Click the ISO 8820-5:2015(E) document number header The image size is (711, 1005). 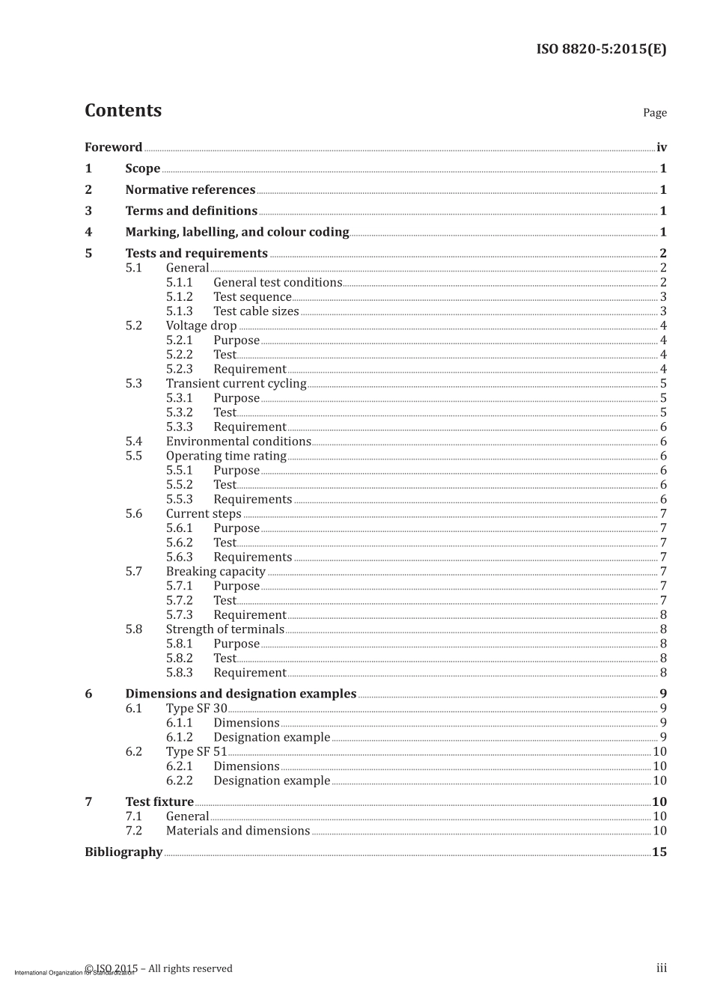click(x=601, y=49)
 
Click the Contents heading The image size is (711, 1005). click(x=123, y=111)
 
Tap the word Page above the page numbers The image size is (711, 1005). click(x=654, y=113)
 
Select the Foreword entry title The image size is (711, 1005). click(x=113, y=147)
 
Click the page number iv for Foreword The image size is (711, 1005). click(x=661, y=147)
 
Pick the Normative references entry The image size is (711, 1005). click(x=190, y=190)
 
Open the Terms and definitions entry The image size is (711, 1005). click(x=191, y=211)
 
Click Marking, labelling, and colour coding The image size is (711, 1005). click(x=237, y=232)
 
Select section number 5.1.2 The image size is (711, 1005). click(x=179, y=297)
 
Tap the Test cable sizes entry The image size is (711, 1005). click(x=256, y=311)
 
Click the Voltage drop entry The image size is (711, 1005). click(x=201, y=326)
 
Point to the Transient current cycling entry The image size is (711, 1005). click(x=236, y=384)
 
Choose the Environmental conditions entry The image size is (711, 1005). click(x=238, y=442)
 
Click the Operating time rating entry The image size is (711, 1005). click(x=226, y=456)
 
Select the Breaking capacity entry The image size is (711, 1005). click(x=216, y=572)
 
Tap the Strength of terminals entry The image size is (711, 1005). click(x=225, y=629)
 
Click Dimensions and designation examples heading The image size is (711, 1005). click(x=240, y=694)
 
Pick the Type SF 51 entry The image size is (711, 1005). click(x=196, y=751)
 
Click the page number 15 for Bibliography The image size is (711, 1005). click(x=659, y=852)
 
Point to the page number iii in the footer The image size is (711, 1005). click(x=662, y=968)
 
